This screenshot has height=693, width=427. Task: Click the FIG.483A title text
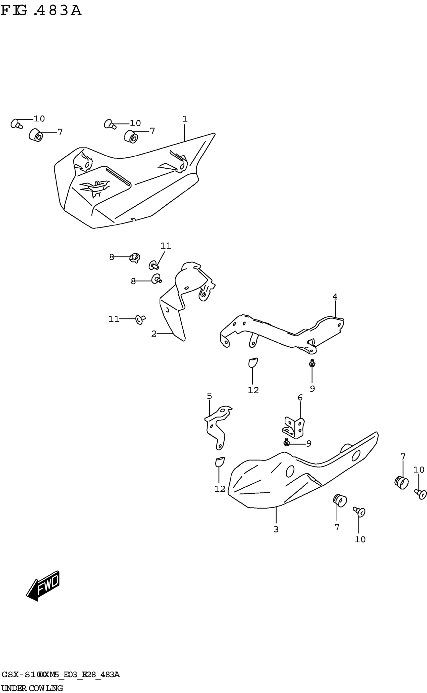[41, 11]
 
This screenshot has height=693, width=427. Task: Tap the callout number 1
[185, 119]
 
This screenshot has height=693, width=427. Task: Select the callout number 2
[154, 334]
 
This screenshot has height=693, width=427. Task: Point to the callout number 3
[276, 529]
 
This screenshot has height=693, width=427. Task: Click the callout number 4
[335, 297]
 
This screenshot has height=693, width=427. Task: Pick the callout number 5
[209, 396]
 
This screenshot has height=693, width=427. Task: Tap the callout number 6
[300, 398]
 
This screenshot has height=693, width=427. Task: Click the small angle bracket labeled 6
[294, 429]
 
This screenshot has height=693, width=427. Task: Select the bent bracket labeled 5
[218, 427]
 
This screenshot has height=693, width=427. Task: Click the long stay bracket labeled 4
[282, 334]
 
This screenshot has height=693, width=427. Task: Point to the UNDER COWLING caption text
[32, 688]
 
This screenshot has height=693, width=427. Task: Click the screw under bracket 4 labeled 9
[312, 363]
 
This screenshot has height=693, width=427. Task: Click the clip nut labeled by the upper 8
[135, 258]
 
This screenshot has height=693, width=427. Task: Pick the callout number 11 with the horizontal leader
[114, 319]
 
